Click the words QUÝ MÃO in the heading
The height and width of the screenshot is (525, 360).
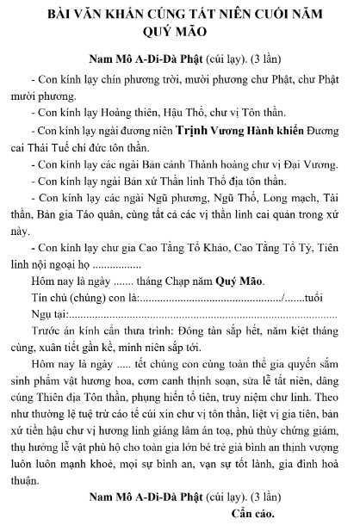(179, 36)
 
